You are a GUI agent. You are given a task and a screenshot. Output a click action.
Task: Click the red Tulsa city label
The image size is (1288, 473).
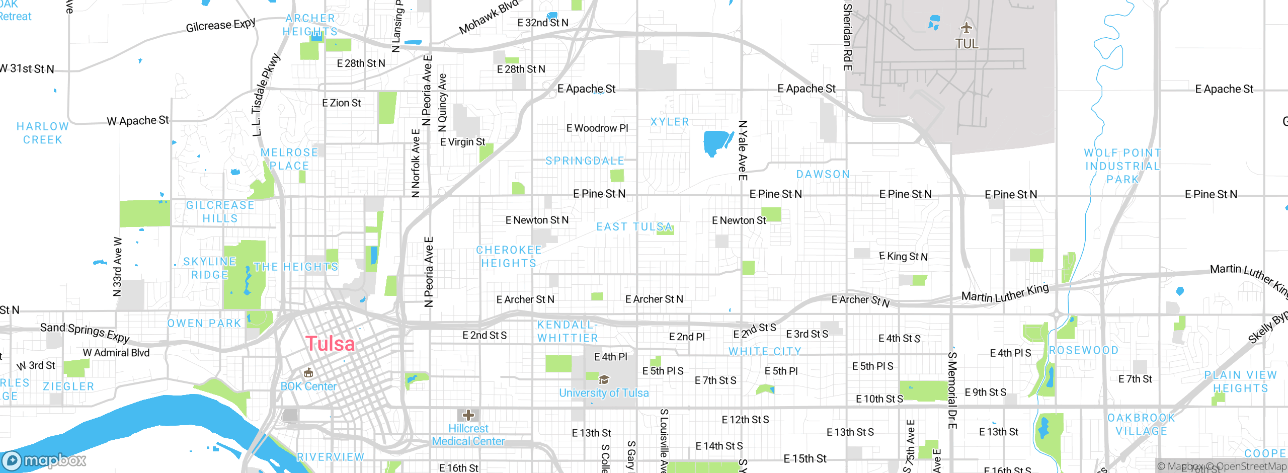click(330, 344)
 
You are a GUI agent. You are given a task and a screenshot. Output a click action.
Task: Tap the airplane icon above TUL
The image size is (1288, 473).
click(966, 27)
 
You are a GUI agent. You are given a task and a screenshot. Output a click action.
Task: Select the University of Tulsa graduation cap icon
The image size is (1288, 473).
click(604, 379)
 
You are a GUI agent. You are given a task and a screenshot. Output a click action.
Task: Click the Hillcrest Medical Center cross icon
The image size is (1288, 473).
click(468, 415)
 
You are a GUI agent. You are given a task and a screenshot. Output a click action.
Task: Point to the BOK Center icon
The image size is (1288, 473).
click(308, 373)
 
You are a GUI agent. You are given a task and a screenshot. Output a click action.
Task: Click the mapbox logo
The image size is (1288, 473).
click(44, 460)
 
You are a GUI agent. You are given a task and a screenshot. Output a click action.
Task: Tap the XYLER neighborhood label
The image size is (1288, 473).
click(669, 122)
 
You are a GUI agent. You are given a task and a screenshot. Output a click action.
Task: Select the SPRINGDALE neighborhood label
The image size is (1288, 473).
click(585, 161)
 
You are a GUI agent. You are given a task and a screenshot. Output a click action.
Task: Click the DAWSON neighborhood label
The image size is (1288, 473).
click(823, 174)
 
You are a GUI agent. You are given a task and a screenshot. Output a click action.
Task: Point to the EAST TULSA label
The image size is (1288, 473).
click(634, 227)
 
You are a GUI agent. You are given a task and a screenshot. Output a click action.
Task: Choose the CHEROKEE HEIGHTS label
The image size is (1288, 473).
click(509, 257)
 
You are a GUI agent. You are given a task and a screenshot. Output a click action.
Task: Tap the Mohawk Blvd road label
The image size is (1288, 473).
click(488, 18)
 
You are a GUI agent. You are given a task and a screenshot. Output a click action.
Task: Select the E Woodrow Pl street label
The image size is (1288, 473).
click(597, 128)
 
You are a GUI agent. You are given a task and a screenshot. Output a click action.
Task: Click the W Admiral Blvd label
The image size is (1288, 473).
click(116, 353)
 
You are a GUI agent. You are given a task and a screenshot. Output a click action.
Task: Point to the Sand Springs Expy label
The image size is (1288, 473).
click(85, 332)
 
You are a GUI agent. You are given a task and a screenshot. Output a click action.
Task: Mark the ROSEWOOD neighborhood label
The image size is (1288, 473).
click(1083, 350)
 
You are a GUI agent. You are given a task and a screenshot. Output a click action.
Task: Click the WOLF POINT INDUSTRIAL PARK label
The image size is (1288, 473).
click(1122, 166)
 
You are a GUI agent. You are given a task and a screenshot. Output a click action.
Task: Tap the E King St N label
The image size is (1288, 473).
click(903, 256)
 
